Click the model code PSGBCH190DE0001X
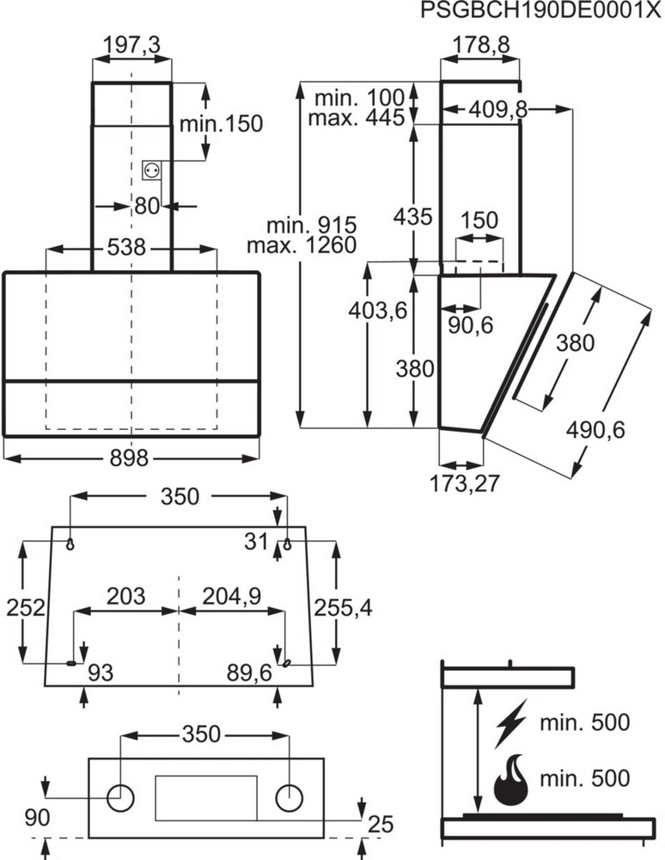[542, 11]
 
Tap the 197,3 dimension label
[131, 46]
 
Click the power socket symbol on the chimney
[152, 170]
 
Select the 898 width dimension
[131, 458]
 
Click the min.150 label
[220, 124]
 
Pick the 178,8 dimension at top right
[479, 46]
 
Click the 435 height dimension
[413, 217]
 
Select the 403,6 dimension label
[379, 310]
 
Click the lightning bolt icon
[509, 722]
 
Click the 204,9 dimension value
[231, 595]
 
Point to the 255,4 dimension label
[343, 607]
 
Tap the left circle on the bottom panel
[121, 797]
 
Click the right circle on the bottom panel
[290, 797]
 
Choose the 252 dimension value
[25, 607]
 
